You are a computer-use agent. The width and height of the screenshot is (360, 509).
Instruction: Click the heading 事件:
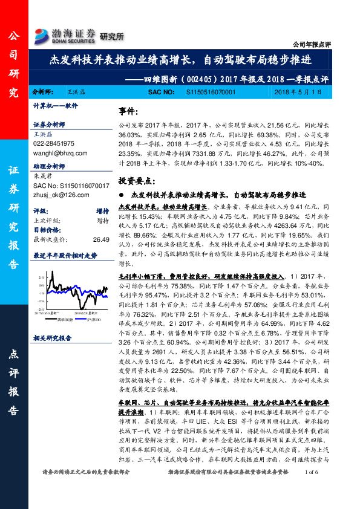click(x=129, y=112)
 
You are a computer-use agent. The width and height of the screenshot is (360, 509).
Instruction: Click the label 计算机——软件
click(x=56, y=105)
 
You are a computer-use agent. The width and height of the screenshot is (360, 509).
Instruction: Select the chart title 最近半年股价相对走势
click(x=65, y=255)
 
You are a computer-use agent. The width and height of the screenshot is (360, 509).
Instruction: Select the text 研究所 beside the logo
click(x=111, y=37)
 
